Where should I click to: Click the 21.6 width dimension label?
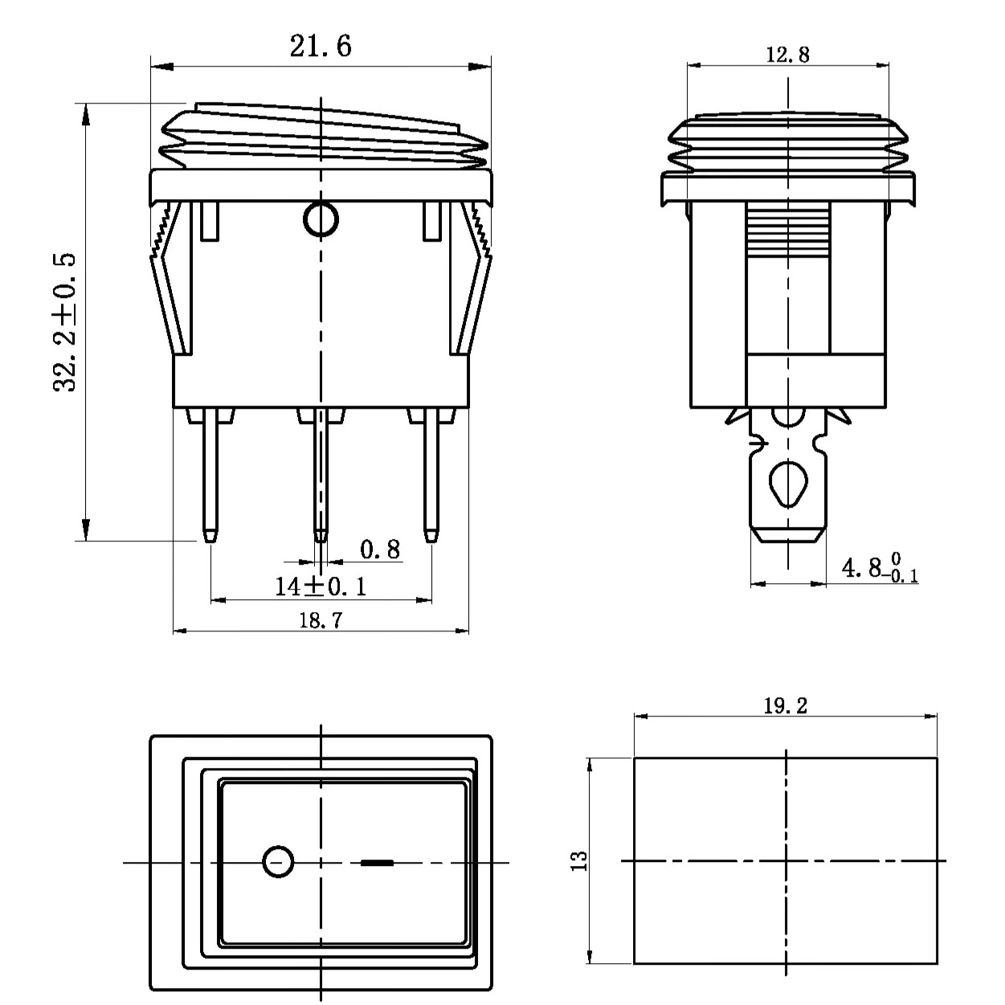pyautogui.click(x=321, y=47)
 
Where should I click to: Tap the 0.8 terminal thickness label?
pyautogui.click(x=380, y=549)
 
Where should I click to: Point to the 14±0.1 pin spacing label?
pyautogui.click(x=321, y=586)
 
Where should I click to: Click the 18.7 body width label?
pyautogui.click(x=321, y=620)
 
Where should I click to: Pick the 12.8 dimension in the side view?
pyautogui.click(x=787, y=55)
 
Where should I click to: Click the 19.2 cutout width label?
pyautogui.click(x=786, y=706)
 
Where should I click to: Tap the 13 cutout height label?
pyautogui.click(x=579, y=861)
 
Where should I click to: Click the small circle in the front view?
pyautogui.click(x=321, y=219)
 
